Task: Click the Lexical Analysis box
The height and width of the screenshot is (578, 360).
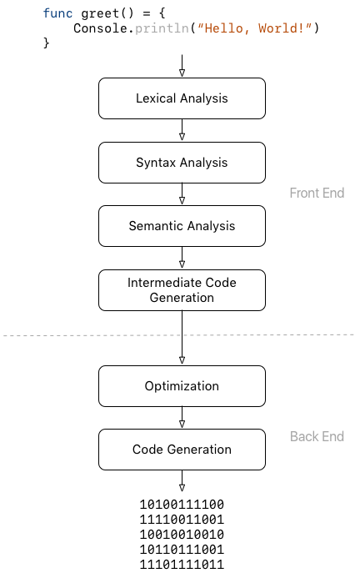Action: (182, 98)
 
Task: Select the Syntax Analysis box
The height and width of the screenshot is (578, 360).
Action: (182, 163)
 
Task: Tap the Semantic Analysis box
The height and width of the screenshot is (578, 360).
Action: (182, 226)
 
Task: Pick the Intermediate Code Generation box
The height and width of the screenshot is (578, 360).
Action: (182, 290)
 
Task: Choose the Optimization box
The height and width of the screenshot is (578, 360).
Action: (182, 386)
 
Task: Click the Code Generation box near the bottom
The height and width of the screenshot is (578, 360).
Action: (182, 450)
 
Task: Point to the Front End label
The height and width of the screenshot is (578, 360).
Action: (317, 194)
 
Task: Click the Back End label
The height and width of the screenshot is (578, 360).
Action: (317, 437)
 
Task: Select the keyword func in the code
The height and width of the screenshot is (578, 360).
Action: (57, 13)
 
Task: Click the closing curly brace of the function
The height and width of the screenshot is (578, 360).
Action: (47, 43)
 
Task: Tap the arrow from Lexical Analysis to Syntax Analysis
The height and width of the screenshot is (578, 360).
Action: (182, 130)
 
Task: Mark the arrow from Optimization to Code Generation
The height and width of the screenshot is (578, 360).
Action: (182, 418)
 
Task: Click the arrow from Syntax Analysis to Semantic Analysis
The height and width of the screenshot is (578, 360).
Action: (182, 194)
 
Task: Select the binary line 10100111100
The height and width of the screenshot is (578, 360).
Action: (182, 505)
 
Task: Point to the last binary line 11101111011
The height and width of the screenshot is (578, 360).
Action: (182, 565)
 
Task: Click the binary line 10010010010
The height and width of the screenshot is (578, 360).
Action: (182, 535)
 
